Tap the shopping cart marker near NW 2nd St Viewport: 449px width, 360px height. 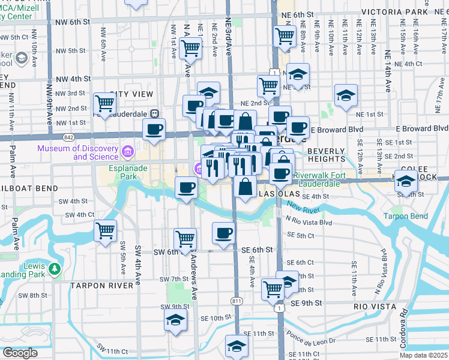105,103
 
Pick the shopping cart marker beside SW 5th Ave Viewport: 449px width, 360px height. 106,230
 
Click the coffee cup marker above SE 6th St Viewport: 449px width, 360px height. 224,232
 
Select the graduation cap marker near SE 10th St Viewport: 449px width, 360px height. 175,319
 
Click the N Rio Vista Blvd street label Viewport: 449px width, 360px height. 310,222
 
